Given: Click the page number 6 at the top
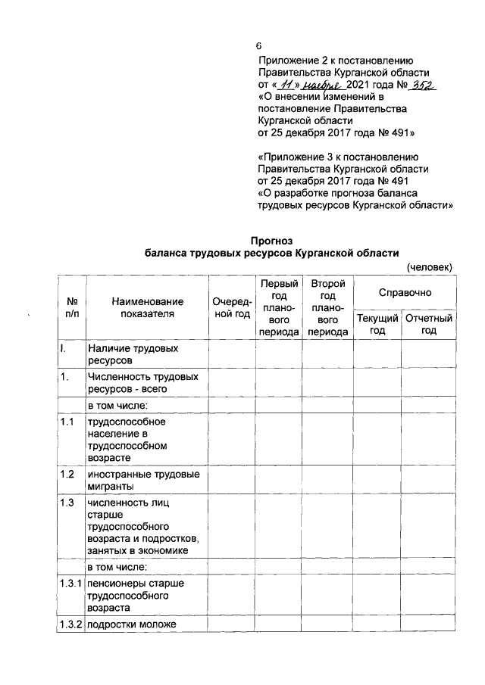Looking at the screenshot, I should tap(259, 46).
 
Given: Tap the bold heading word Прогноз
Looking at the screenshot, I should tap(271, 241).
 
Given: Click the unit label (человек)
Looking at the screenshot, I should tap(429, 267).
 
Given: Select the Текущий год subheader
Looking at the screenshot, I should tap(377, 325).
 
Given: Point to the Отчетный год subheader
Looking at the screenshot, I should tap(429, 325).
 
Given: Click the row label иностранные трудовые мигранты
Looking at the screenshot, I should tap(144, 480).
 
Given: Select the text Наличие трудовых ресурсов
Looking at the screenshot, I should tap(133, 356).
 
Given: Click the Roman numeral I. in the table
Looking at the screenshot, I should tap(64, 350).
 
